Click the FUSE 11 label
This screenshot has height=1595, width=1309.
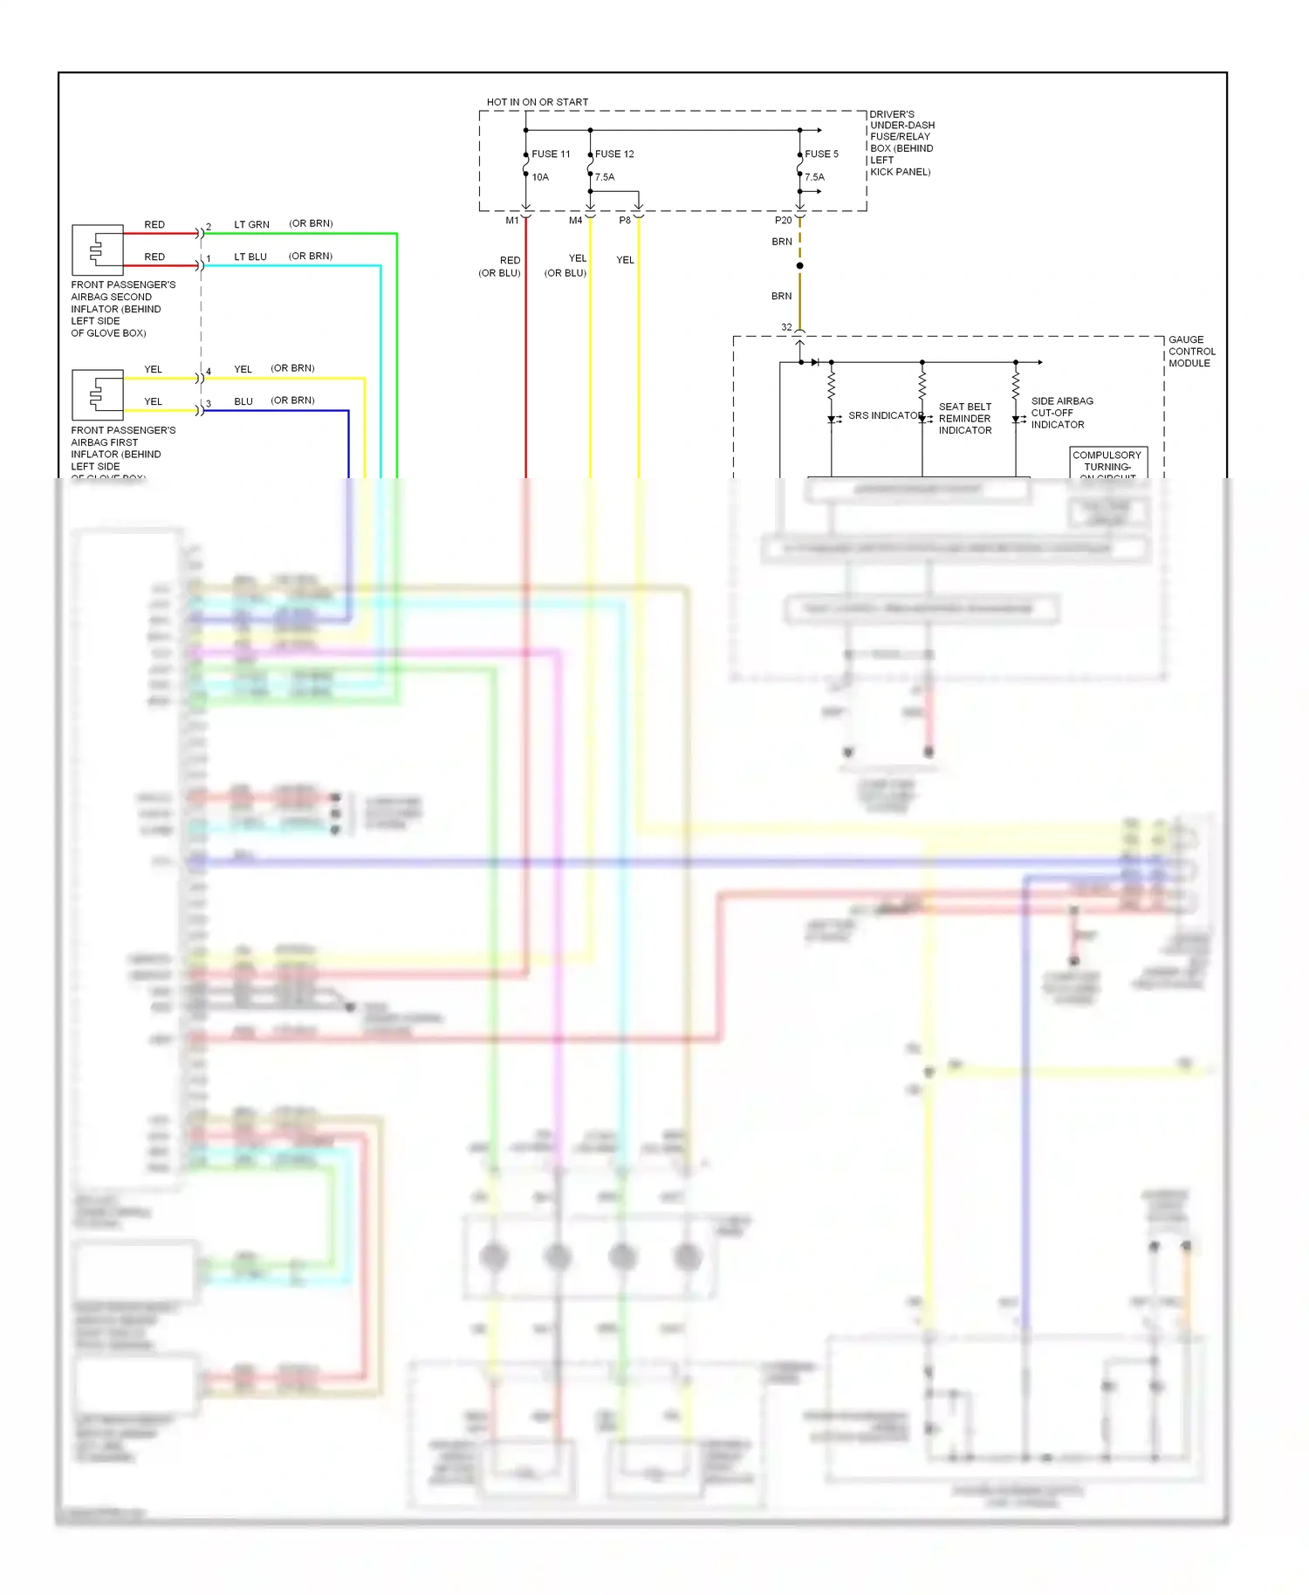point(551,154)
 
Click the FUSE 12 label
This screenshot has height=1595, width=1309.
point(614,154)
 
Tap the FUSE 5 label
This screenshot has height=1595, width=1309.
point(821,154)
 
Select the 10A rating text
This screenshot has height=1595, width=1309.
point(540,177)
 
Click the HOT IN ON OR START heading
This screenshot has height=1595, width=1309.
point(537,102)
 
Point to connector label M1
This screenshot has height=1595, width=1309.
point(512,221)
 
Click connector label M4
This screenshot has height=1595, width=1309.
point(575,221)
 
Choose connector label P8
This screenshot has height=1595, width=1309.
point(625,221)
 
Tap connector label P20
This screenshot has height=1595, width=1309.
point(783,221)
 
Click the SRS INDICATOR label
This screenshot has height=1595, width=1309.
point(885,415)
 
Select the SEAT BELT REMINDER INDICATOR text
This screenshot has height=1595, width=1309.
point(965,419)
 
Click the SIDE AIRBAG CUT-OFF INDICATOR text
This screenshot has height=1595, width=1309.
point(1061,413)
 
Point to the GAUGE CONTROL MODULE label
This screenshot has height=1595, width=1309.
point(1191,352)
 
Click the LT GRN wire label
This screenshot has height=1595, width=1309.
point(251,224)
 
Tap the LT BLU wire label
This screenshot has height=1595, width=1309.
point(250,257)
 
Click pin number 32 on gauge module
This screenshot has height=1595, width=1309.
point(786,327)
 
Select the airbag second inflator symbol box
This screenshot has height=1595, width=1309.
point(97,250)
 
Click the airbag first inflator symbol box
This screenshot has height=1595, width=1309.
point(97,395)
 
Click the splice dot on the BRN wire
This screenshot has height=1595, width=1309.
point(799,265)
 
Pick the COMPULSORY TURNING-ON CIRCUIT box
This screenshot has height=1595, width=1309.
point(1107,462)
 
